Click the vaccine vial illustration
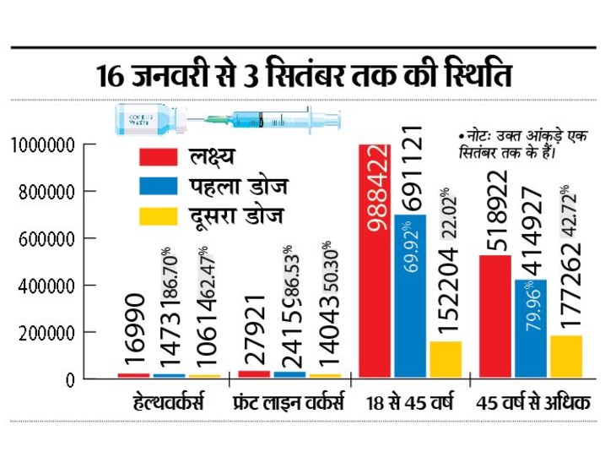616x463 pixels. coord(143,119)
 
